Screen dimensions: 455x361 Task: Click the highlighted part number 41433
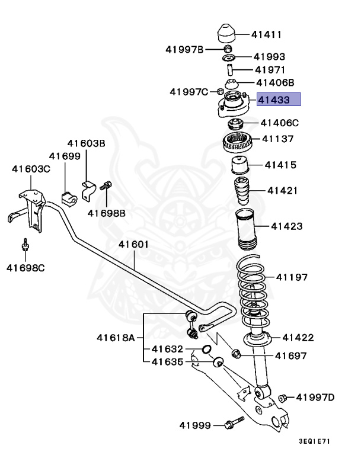pos(278,100)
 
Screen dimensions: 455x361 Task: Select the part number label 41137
pos(279,140)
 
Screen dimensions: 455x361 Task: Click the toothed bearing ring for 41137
pos(238,142)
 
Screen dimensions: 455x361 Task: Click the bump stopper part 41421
pos(243,191)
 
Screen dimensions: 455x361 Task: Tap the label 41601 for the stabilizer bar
pos(133,244)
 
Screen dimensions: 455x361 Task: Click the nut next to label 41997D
pos(283,398)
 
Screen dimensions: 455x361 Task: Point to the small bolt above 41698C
pos(25,245)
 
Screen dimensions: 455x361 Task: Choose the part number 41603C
pos(31,169)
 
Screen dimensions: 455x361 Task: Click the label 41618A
pos(116,338)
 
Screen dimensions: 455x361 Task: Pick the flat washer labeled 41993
pos(228,58)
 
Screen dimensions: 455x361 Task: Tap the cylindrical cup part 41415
pos(239,165)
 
